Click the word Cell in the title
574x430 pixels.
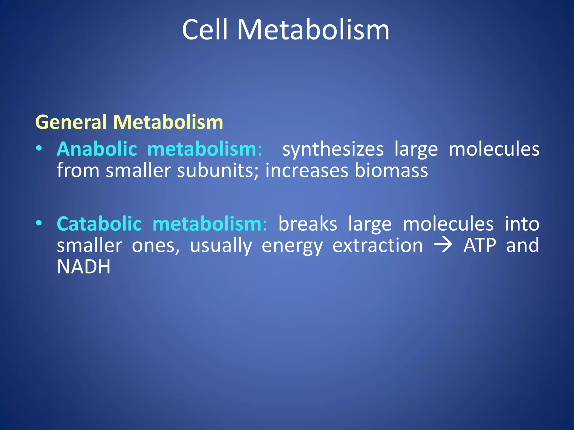205,30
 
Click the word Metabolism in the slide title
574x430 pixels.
313,30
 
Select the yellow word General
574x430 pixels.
71,122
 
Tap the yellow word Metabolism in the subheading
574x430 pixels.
168,122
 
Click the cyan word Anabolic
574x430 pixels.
97,149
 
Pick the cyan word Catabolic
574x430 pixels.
99,224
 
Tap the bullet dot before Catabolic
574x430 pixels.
39,223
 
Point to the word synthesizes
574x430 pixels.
333,149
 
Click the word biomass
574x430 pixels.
391,170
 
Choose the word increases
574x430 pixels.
307,170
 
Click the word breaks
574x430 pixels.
308,224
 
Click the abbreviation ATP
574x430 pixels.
480,245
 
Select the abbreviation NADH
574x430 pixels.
84,267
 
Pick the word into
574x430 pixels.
522,224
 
